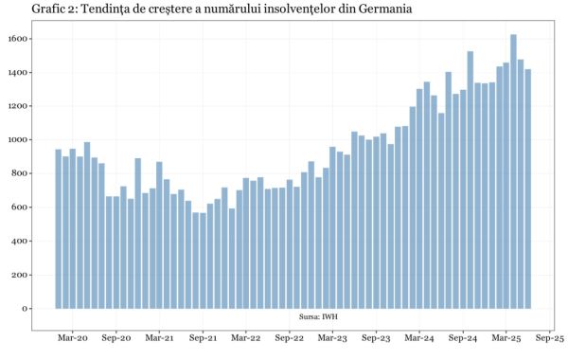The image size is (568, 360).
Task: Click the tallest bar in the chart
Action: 513,171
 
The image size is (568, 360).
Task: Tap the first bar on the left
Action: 59,228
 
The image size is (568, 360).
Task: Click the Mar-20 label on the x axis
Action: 72,338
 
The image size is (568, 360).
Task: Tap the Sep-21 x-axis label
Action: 203,338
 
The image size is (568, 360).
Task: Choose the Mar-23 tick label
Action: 332,338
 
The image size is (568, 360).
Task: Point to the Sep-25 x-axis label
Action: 550,338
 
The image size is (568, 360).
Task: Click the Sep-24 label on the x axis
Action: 463,338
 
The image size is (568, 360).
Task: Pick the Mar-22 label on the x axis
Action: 246,338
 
